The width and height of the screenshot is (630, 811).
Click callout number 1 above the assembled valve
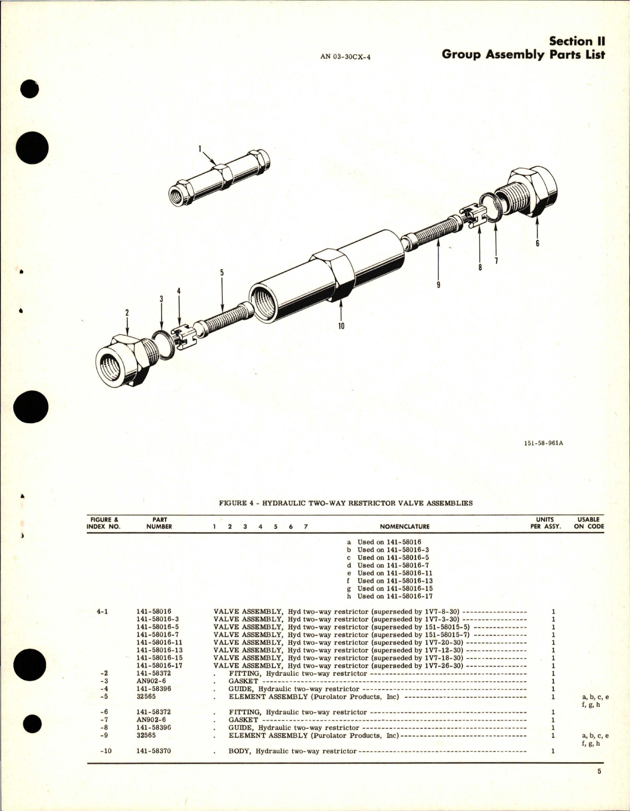[200, 147]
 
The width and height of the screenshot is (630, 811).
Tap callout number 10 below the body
[341, 326]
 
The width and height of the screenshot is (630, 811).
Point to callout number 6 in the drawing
[538, 243]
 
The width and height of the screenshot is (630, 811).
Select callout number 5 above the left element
[222, 273]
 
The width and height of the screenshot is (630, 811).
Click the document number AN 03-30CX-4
[345, 56]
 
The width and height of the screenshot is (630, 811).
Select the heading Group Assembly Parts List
[523, 54]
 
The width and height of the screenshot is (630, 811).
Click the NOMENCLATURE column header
[405, 526]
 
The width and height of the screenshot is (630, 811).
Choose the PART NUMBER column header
[159, 523]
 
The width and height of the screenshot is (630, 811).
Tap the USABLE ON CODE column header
[588, 523]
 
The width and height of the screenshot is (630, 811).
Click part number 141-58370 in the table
[153, 751]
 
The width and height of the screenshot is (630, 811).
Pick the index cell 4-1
[102, 612]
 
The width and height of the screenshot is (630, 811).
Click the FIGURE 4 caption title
[346, 503]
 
